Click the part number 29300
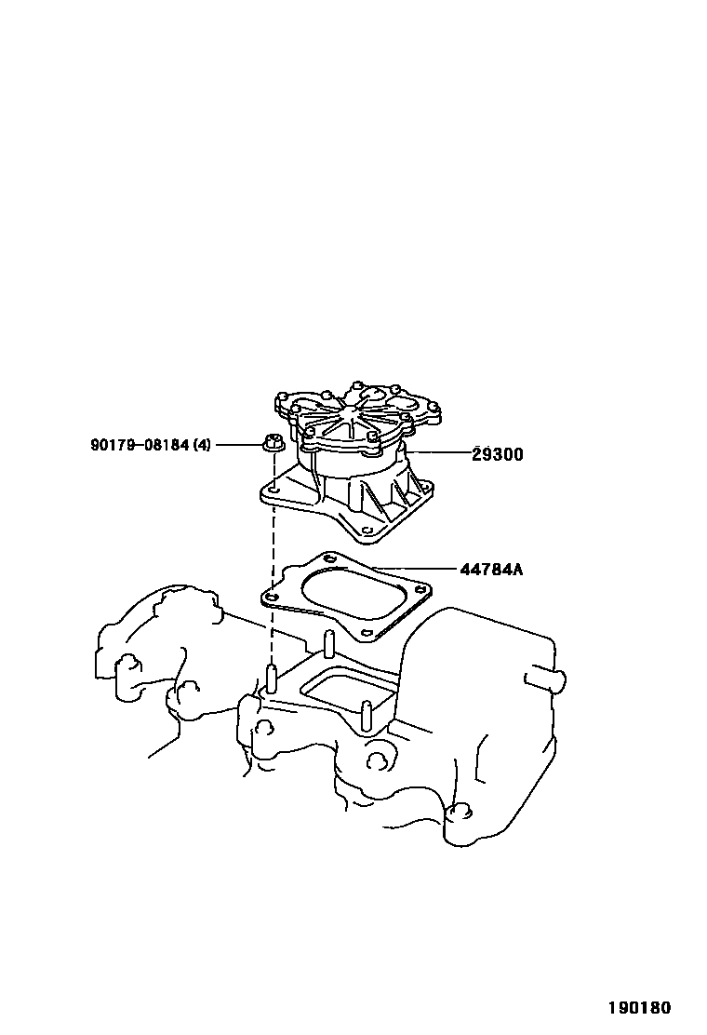[x=497, y=454]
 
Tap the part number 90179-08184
[x=140, y=445]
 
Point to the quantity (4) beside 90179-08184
[x=201, y=445]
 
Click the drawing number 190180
[x=640, y=1007]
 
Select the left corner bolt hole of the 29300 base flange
[x=275, y=486]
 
